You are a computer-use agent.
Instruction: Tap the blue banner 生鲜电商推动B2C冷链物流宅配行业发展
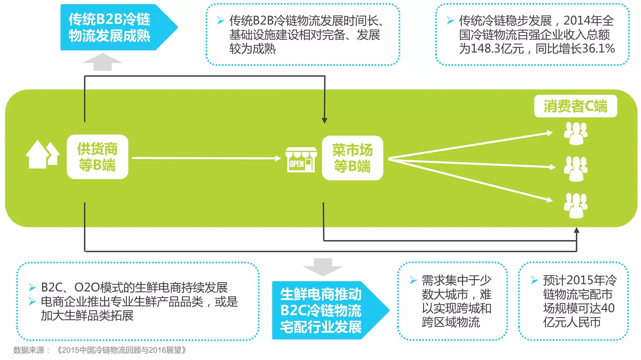321,310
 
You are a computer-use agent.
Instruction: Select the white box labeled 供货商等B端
97,157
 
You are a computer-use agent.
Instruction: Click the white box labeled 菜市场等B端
352,158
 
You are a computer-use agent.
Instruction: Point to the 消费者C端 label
575,106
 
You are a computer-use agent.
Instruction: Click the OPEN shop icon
301,160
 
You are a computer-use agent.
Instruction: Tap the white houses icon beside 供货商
43,155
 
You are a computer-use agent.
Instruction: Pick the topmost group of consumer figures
575,133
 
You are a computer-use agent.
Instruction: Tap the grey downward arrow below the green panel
323,267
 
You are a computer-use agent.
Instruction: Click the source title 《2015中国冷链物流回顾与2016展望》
122,350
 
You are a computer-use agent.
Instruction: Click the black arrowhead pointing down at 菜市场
324,120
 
